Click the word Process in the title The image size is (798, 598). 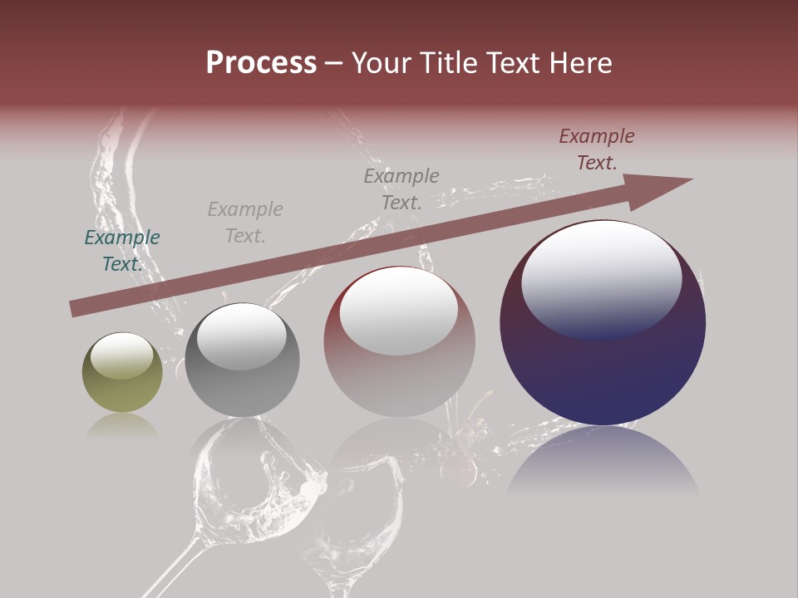(261, 63)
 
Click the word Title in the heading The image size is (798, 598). (449, 63)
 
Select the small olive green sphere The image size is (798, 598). (122, 373)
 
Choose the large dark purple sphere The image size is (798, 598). (603, 323)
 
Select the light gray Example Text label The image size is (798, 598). (245, 223)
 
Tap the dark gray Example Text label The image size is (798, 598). (401, 189)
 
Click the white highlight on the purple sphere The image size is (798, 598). (601, 277)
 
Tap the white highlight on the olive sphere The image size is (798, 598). (121, 355)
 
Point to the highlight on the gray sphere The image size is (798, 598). (241, 336)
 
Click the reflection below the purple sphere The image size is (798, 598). (603, 461)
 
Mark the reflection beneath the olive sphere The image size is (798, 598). (122, 426)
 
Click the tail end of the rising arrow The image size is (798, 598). (77, 308)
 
